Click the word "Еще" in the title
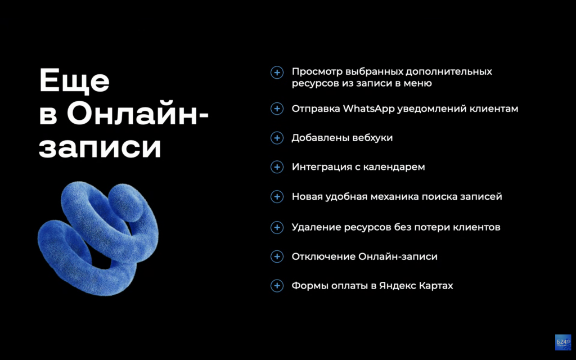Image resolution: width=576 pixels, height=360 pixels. pos(74,82)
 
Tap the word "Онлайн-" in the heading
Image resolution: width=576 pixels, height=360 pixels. pos(138,115)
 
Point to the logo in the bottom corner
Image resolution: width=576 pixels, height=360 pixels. pos(562,343)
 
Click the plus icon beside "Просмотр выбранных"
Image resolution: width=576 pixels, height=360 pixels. pos(277,72)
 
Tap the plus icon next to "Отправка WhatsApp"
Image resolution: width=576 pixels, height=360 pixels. pos(277,109)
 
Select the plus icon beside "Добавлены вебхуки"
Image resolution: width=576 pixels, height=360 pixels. pos(277,138)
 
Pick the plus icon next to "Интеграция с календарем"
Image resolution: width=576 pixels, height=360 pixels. pos(277,167)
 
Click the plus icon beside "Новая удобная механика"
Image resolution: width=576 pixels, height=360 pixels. pos(277,197)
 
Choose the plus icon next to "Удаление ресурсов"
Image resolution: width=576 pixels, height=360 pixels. pos(277,227)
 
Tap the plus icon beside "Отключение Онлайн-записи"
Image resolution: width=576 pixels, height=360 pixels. pos(277,256)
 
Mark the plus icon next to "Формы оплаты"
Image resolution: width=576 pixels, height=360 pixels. pos(277,286)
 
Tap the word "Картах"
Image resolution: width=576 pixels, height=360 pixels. pos(436,286)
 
